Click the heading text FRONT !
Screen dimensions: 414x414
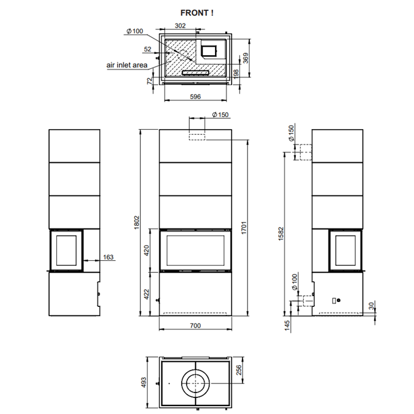(x=197, y=13)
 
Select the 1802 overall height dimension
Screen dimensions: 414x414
(x=137, y=222)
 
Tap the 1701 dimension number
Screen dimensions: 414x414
(x=244, y=228)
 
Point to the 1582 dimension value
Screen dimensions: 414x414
(x=280, y=233)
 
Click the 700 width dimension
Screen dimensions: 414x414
(x=195, y=326)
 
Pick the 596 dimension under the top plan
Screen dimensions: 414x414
(x=195, y=97)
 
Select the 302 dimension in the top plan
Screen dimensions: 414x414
(x=180, y=26)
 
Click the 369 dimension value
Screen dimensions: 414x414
(x=246, y=58)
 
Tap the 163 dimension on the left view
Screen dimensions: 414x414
(x=108, y=257)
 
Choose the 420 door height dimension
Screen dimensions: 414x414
(x=146, y=250)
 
